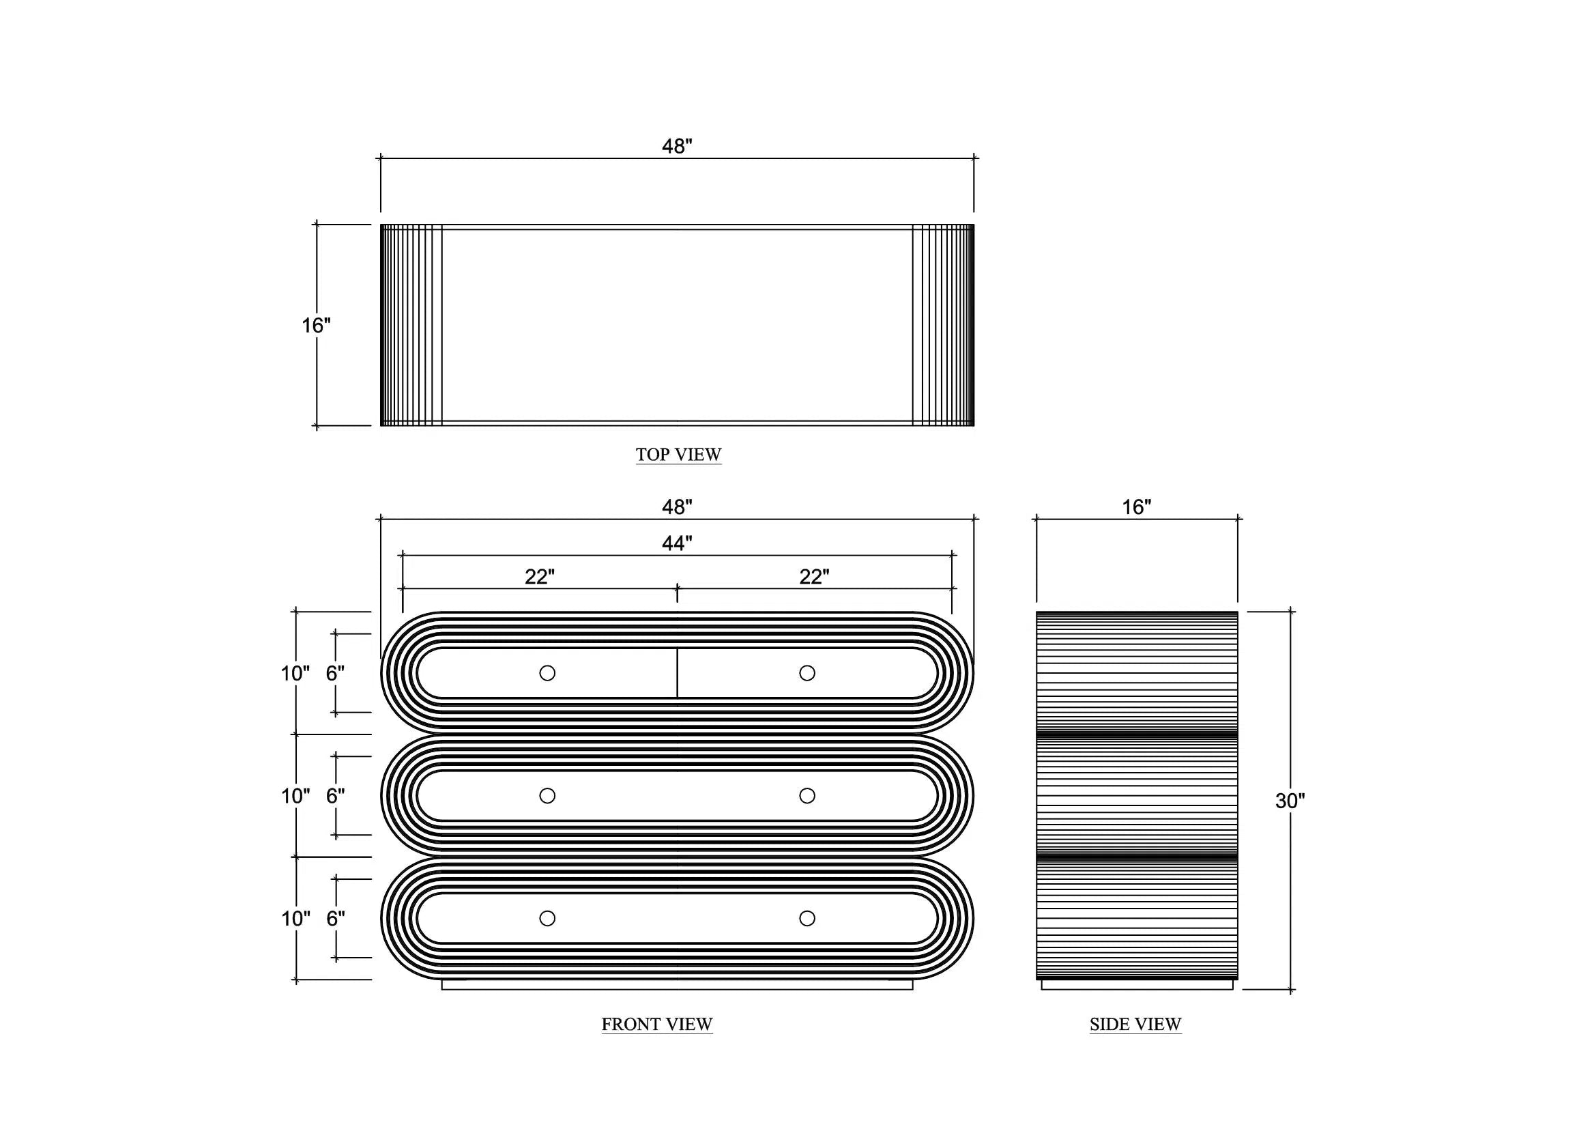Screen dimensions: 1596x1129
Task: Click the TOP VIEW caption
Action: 678,455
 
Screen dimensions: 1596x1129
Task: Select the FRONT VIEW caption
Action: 657,1025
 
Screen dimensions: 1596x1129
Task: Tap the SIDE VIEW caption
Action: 1135,1025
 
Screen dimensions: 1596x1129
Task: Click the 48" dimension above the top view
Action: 677,147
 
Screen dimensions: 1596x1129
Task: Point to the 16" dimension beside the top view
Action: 316,326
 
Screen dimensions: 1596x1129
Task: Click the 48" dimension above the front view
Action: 677,507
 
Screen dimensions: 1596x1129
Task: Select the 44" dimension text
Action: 677,543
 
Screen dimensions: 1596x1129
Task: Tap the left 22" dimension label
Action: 540,577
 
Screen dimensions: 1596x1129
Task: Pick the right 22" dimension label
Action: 814,577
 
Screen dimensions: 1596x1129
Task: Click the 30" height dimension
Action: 1290,801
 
